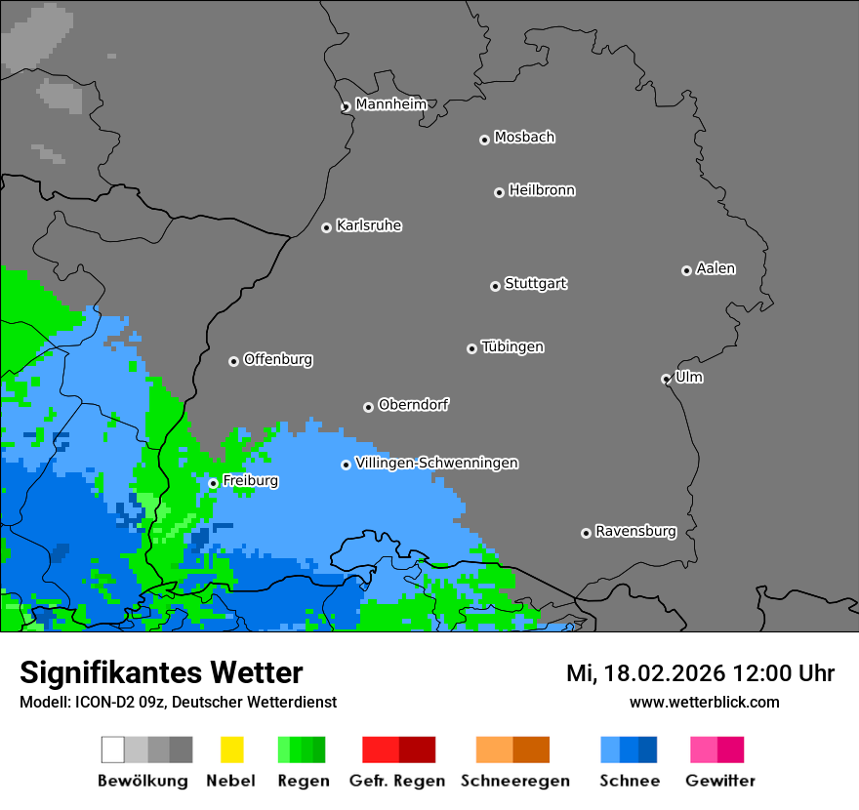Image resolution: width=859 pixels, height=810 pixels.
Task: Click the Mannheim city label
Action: pyautogui.click(x=390, y=104)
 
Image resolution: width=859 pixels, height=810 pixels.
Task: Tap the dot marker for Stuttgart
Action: pyautogui.click(x=495, y=286)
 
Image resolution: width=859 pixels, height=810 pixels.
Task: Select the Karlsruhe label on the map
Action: pyautogui.click(x=369, y=225)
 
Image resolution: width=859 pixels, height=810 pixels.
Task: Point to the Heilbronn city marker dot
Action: pyautogui.click(x=499, y=192)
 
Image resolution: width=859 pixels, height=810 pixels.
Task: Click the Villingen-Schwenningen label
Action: pyautogui.click(x=436, y=463)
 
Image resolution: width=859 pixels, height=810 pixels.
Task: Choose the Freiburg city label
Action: pyautogui.click(x=250, y=481)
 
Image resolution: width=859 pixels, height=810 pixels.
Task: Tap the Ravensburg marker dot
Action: pyautogui.click(x=586, y=533)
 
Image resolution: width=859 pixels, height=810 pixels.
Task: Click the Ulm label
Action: pyautogui.click(x=689, y=377)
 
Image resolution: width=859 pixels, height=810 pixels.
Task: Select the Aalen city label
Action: pyautogui.click(x=716, y=268)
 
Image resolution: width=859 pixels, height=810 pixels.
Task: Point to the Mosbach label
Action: pyautogui.click(x=524, y=138)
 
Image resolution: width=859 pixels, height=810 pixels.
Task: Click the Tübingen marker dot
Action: pyautogui.click(x=471, y=348)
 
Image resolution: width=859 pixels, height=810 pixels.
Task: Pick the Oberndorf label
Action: pyautogui.click(x=413, y=404)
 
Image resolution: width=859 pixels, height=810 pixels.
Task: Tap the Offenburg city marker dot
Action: pyautogui.click(x=233, y=361)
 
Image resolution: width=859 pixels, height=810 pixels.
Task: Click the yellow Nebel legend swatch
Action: pyautogui.click(x=231, y=749)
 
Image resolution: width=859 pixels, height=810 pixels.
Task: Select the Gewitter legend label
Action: pyautogui.click(x=719, y=781)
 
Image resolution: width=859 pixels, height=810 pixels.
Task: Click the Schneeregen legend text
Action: pyautogui.click(x=514, y=781)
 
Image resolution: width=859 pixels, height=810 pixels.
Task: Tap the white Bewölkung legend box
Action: pyautogui.click(x=113, y=749)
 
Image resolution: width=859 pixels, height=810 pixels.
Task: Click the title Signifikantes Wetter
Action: pyautogui.click(x=161, y=673)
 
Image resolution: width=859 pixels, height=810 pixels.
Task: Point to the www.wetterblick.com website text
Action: pyautogui.click(x=704, y=702)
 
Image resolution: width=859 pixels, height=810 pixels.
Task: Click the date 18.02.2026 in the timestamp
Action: pyautogui.click(x=660, y=673)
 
